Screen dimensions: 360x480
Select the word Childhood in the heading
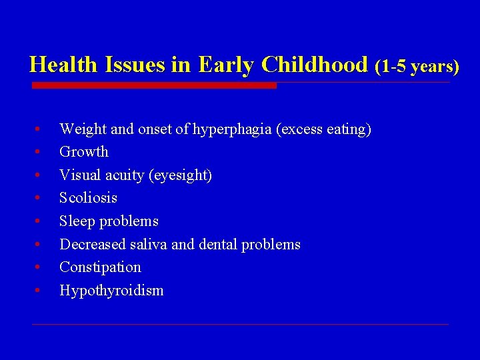pos(315,65)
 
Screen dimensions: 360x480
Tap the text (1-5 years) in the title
pos(417,66)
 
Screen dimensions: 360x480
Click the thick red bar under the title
pos(154,85)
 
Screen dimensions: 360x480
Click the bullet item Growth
pos(84,152)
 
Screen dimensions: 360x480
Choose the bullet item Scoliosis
pos(88,198)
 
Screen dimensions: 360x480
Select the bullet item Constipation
pos(100,267)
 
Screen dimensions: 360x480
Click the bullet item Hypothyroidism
pos(111,291)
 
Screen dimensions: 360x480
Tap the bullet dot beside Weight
pos(40,129)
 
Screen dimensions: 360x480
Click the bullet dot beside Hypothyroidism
pos(40,291)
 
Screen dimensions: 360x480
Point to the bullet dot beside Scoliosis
pos(40,198)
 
